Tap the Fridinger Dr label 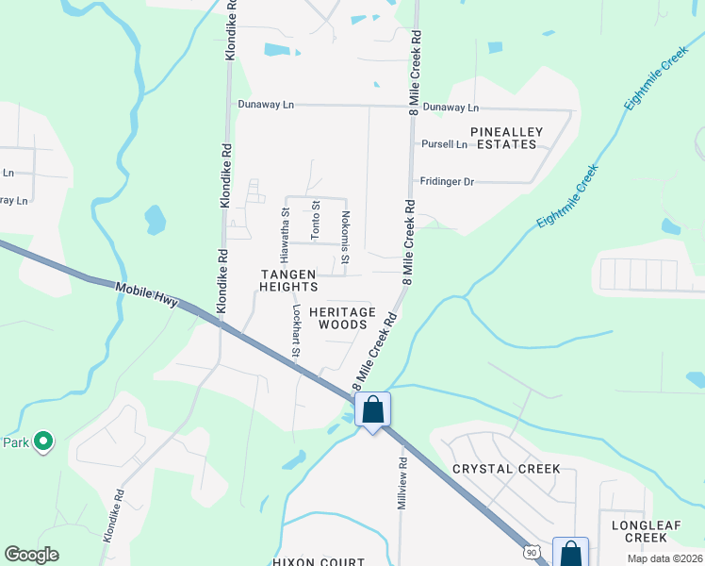tap(446, 181)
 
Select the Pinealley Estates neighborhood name tap(506, 138)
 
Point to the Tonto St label tap(316, 218)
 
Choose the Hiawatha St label tap(286, 235)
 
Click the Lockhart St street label tap(295, 330)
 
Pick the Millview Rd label tap(402, 484)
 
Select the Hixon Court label tap(318, 561)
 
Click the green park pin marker tap(42, 441)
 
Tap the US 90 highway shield tap(532, 550)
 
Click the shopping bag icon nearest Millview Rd tap(372, 410)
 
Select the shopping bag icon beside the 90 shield tap(570, 553)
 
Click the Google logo tap(32, 554)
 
